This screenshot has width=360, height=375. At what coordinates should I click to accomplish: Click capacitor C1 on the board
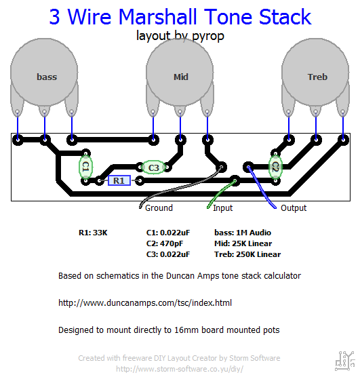coord(85,167)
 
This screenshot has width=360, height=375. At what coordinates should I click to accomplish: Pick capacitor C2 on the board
coord(275,167)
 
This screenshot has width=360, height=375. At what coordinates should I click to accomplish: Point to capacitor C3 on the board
coord(153,167)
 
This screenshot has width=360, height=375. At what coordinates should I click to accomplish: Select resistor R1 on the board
coord(119,180)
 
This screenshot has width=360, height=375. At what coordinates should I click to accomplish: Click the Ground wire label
coord(159,208)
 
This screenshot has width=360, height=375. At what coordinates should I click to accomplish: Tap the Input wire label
coord(223,208)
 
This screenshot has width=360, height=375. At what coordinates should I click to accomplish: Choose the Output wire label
coord(294,208)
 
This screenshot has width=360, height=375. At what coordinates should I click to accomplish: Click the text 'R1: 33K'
coord(93,233)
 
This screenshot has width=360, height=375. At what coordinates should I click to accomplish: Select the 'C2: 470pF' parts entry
coord(165,243)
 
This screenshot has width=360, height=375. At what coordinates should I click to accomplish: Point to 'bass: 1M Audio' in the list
coord(243,233)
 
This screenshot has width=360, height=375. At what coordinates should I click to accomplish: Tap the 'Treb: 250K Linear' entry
coord(247,254)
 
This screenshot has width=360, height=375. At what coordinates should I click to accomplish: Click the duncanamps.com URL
coord(145,303)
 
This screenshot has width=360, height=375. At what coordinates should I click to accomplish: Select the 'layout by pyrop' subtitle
coord(180,36)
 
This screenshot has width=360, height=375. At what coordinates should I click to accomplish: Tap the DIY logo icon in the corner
coord(345,361)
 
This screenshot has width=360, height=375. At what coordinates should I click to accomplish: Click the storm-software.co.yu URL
coord(180,368)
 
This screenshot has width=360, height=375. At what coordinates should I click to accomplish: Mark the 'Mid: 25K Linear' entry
coord(243,243)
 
